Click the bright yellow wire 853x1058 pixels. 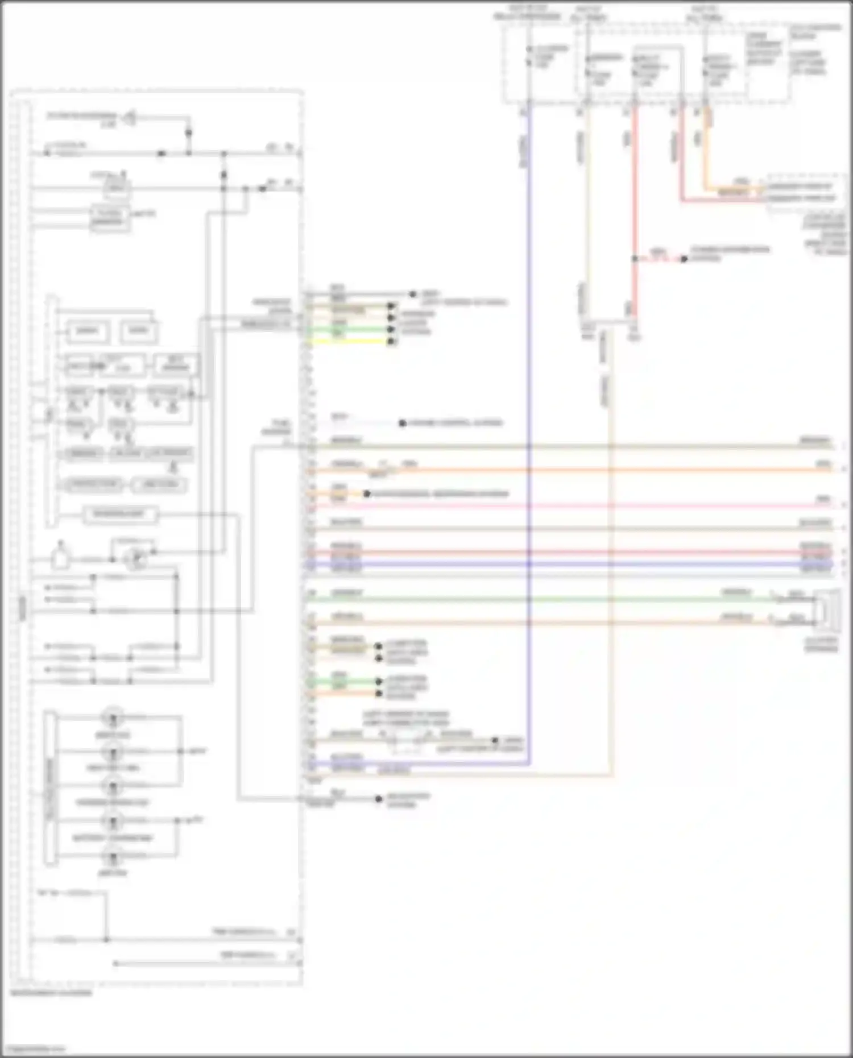point(353,342)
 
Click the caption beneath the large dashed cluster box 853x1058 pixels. point(51,993)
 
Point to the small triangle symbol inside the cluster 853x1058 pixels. point(130,118)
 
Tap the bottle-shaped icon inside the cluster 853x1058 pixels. point(60,557)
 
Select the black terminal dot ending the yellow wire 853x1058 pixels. point(391,342)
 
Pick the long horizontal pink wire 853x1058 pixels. point(569,505)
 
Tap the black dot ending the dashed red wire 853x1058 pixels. point(684,259)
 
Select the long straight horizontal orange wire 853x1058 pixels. point(569,470)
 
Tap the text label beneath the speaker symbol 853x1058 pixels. point(821,645)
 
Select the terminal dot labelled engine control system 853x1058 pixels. point(403,423)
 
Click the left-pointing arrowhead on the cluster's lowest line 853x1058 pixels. point(115,963)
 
